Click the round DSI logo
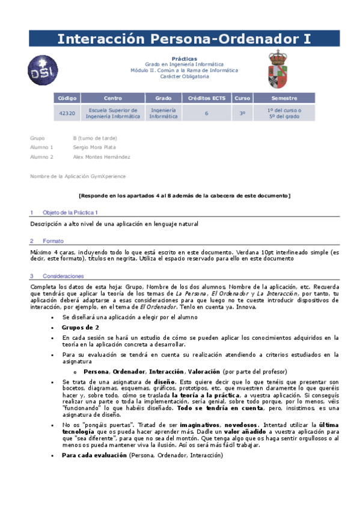point(44,69)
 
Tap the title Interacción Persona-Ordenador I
point(184,40)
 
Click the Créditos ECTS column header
point(207,97)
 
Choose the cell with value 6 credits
point(207,113)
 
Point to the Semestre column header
point(284,97)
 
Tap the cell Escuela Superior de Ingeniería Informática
point(112,113)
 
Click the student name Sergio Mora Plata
point(94,147)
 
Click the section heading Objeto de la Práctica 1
point(70,213)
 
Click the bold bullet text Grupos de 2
point(81,327)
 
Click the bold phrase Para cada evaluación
point(94,455)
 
